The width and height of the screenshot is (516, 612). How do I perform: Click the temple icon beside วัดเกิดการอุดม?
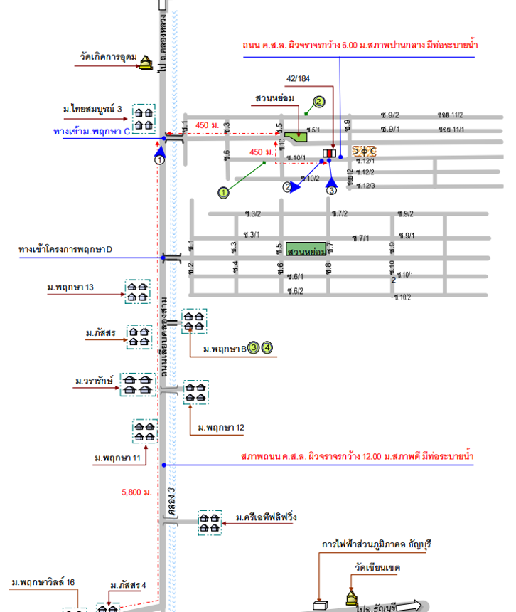pyautogui.click(x=146, y=63)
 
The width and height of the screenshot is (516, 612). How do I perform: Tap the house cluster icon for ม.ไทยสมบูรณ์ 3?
pyautogui.click(x=144, y=117)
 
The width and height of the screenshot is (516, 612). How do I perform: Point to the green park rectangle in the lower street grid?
pyautogui.click(x=306, y=251)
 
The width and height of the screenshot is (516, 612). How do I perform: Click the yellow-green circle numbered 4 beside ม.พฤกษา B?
pyautogui.click(x=267, y=348)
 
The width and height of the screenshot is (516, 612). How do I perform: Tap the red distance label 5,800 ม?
pyautogui.click(x=136, y=492)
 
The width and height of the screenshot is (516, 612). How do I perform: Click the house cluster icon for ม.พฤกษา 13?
pyautogui.click(x=137, y=291)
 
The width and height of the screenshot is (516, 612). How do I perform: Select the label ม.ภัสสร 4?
pyautogui.click(x=128, y=585)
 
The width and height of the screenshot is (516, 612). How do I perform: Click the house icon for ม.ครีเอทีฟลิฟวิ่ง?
pyautogui.click(x=210, y=523)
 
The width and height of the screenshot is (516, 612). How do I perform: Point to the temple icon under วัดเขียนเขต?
pyautogui.click(x=351, y=598)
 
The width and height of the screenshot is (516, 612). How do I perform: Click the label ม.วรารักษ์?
pyautogui.click(x=92, y=381)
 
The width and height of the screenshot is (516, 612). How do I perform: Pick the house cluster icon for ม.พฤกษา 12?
pyautogui.click(x=196, y=392)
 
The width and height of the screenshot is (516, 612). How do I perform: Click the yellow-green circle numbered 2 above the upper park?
pyautogui.click(x=319, y=102)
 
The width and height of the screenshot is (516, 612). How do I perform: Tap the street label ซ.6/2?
pyautogui.click(x=295, y=290)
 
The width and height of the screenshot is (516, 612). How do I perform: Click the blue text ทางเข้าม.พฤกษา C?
pyautogui.click(x=92, y=132)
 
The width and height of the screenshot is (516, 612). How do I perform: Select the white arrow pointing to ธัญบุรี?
pyautogui.click(x=409, y=606)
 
